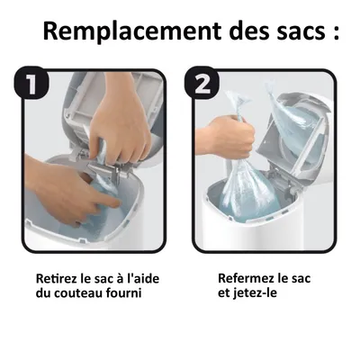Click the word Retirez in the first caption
pyautogui.click(x=55, y=279)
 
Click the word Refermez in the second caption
pyautogui.click(x=247, y=279)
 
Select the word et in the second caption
pyautogui.click(x=224, y=294)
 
